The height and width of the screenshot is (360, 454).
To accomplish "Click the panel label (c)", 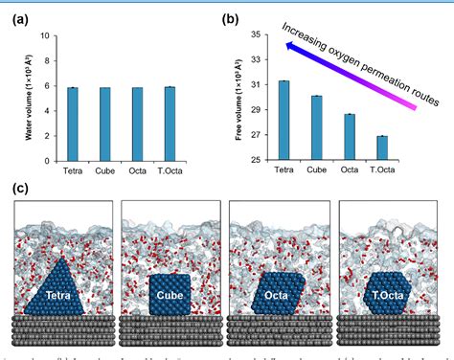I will pos(21,189).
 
